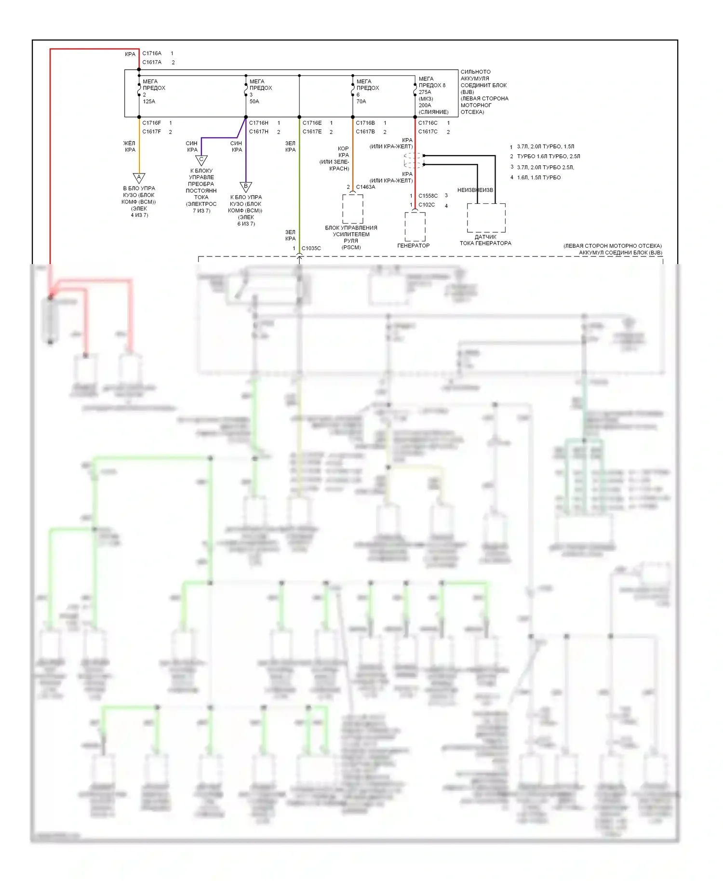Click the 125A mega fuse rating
[149, 102]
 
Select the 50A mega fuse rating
[254, 102]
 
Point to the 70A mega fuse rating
[361, 102]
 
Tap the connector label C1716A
[152, 53]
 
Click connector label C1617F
[152, 132]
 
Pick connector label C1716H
[259, 123]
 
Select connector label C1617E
[312, 132]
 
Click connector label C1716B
[365, 123]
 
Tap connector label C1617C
[428, 132]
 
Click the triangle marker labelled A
[139, 178]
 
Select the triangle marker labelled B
[246, 187]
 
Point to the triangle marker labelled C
[201, 160]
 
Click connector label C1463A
[365, 187]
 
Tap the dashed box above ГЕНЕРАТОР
[415, 226]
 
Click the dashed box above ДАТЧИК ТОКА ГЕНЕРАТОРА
[486, 218]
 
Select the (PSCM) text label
[351, 248]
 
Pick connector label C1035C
[311, 249]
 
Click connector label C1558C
[428, 196]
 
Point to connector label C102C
[427, 205]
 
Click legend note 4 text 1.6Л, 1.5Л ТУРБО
[539, 178]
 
